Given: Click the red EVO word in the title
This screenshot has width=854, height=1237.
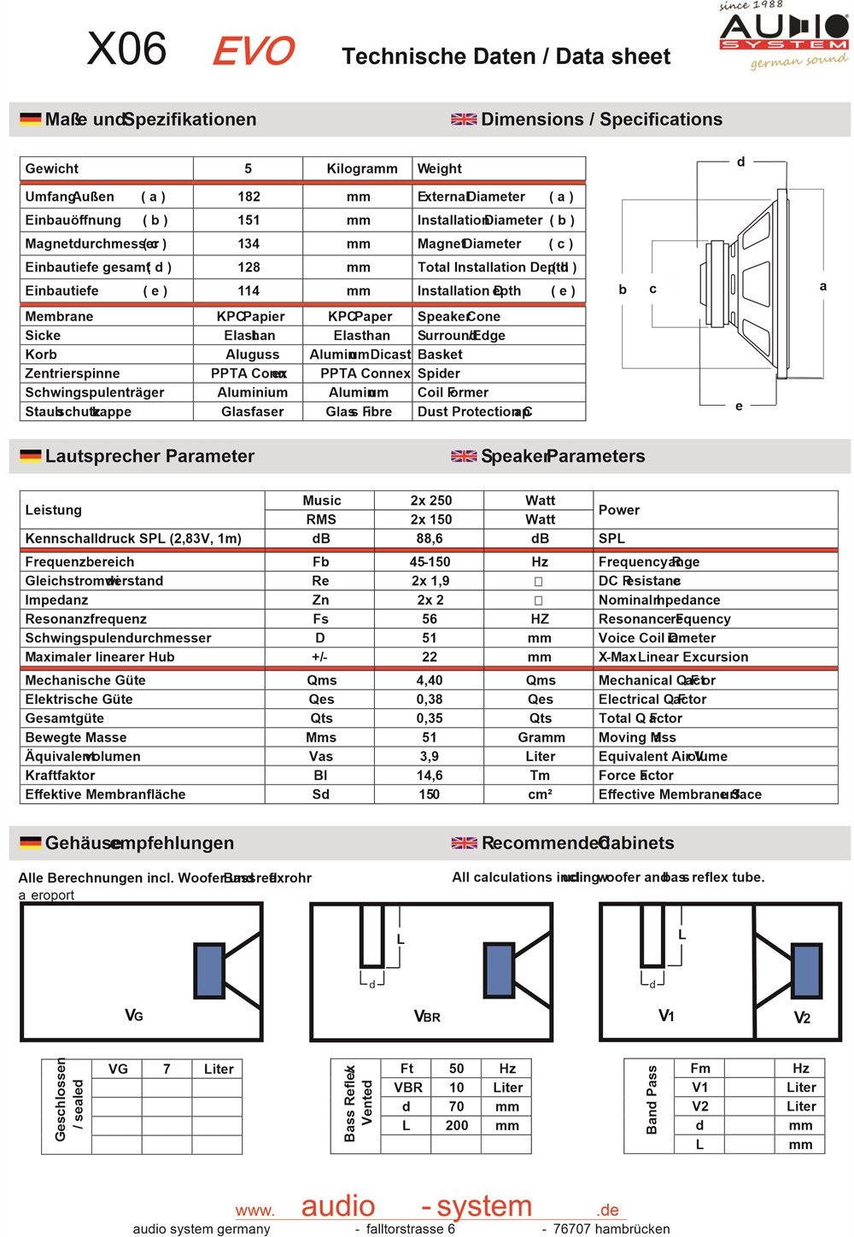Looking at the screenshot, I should [x=253, y=51].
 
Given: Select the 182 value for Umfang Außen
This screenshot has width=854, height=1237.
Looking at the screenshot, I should [x=249, y=196].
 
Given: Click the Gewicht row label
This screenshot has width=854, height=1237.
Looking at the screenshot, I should [x=52, y=168].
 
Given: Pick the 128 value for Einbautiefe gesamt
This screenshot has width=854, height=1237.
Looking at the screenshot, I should [x=249, y=267].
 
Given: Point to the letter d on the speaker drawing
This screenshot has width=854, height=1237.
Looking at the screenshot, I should [x=740, y=161].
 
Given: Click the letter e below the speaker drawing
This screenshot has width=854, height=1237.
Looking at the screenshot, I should [x=739, y=406].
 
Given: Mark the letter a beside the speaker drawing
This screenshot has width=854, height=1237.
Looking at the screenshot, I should [x=822, y=286].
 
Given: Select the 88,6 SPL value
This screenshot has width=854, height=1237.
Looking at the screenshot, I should [x=430, y=539].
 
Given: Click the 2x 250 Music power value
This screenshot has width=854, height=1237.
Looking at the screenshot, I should [x=430, y=501].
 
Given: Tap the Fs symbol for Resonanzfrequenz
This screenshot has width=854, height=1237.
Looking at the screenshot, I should [x=320, y=619].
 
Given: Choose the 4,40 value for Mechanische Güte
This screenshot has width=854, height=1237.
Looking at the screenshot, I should [x=430, y=681].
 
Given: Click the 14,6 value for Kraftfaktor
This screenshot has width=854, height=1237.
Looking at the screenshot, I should [x=430, y=776].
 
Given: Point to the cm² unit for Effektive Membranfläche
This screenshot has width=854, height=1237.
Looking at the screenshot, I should [x=540, y=794].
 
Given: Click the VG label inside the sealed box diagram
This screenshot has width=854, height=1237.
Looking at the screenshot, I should [x=134, y=1016].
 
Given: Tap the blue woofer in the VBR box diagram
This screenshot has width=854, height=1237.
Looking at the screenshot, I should [x=499, y=969].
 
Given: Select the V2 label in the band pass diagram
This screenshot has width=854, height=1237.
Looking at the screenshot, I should [x=802, y=1017].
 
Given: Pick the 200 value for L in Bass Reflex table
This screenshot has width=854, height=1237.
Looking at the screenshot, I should [x=457, y=1126].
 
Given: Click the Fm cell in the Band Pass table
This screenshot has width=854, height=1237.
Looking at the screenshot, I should [x=700, y=1069].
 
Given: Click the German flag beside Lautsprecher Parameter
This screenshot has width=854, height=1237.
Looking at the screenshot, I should [x=31, y=456].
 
